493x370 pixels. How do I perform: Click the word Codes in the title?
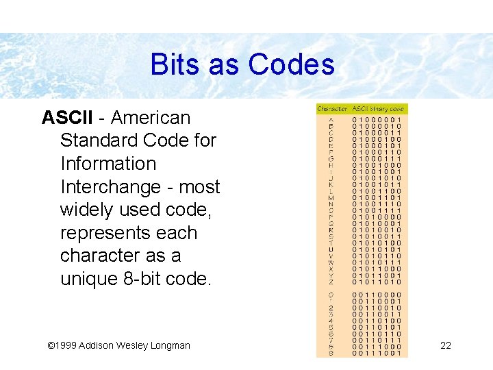click(x=292, y=65)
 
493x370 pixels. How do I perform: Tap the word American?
click(x=150, y=118)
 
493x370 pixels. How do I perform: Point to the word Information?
click(x=108, y=164)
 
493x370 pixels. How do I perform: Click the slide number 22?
click(x=446, y=345)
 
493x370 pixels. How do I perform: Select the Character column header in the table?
click(x=332, y=108)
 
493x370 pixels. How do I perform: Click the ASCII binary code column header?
click(x=379, y=108)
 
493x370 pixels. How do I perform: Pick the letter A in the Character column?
click(x=331, y=120)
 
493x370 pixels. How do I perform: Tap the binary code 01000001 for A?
click(x=377, y=120)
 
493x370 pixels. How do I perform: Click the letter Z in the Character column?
click(x=331, y=282)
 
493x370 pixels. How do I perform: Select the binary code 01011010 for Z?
click(x=377, y=282)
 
